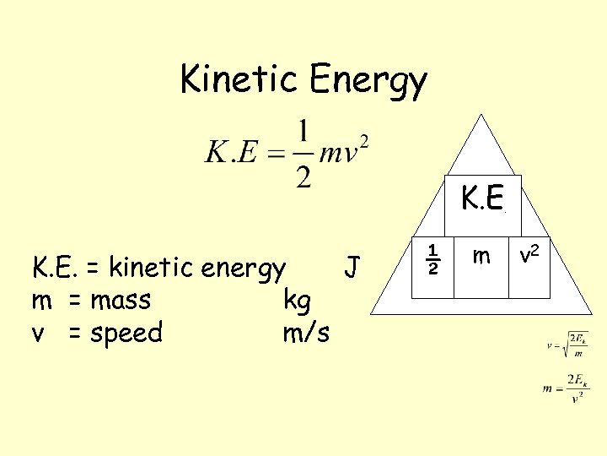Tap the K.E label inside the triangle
[482, 198]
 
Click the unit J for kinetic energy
[353, 268]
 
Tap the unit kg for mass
[297, 301]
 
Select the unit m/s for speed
[306, 333]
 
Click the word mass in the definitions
[121, 301]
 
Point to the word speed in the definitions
[126, 334]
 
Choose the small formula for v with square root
[567, 344]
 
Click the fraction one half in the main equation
[304, 154]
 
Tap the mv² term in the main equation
[346, 154]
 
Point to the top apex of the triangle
[481, 116]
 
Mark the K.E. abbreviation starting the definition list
[55, 268]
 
